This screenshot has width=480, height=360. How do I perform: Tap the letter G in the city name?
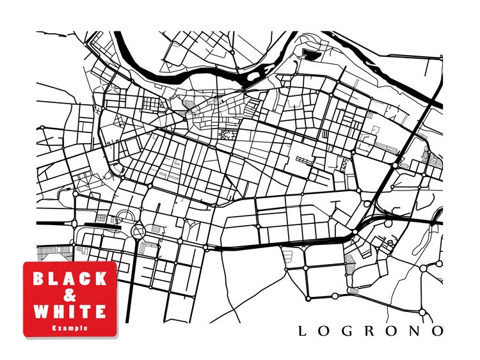click(x=348, y=331)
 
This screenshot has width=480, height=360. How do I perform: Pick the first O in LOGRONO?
click(x=324, y=331)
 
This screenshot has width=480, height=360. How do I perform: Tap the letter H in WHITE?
click(x=58, y=312)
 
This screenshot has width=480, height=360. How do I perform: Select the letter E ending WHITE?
click(x=99, y=312)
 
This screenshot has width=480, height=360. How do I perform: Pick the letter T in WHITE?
click(x=84, y=312)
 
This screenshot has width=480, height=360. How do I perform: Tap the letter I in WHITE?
click(x=72, y=312)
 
